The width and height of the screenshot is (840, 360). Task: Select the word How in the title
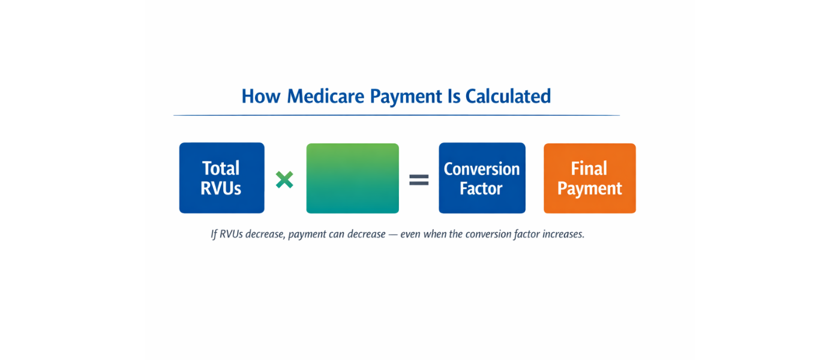261,97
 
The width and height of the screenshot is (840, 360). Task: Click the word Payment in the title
406,97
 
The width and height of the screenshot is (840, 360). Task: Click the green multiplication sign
284,179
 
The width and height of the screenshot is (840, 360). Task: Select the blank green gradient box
352,178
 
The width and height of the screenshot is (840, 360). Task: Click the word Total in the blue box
221,168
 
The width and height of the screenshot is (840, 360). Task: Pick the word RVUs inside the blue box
221,188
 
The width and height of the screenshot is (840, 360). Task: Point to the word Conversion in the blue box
482,169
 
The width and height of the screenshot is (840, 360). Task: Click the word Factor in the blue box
481,189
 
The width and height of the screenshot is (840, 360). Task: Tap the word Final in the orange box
589,169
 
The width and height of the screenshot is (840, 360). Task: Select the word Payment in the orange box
589,188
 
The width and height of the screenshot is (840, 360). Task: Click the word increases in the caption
563,234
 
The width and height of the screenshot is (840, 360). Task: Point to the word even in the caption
410,234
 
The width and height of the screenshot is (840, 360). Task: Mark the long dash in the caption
393,235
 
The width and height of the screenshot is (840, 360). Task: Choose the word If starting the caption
214,234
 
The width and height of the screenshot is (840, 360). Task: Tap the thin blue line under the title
396,115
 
